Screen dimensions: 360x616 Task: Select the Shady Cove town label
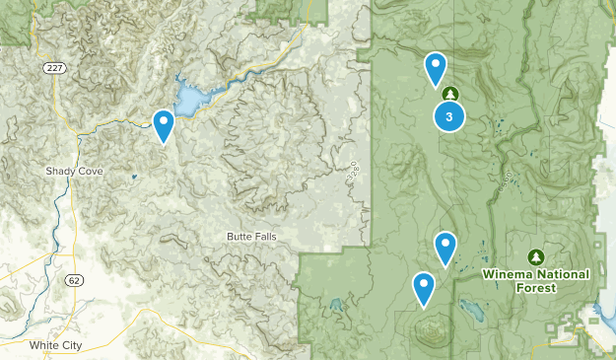pos(73,171)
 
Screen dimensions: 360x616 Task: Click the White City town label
pos(55,344)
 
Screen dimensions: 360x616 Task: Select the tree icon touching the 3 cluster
pos(450,94)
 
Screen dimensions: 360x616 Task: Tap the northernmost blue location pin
pos(435,68)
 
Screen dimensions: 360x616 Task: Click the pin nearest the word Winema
pos(445,247)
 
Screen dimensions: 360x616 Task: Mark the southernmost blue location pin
pos(424,288)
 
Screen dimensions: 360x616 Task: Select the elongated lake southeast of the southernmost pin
pos(470,317)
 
